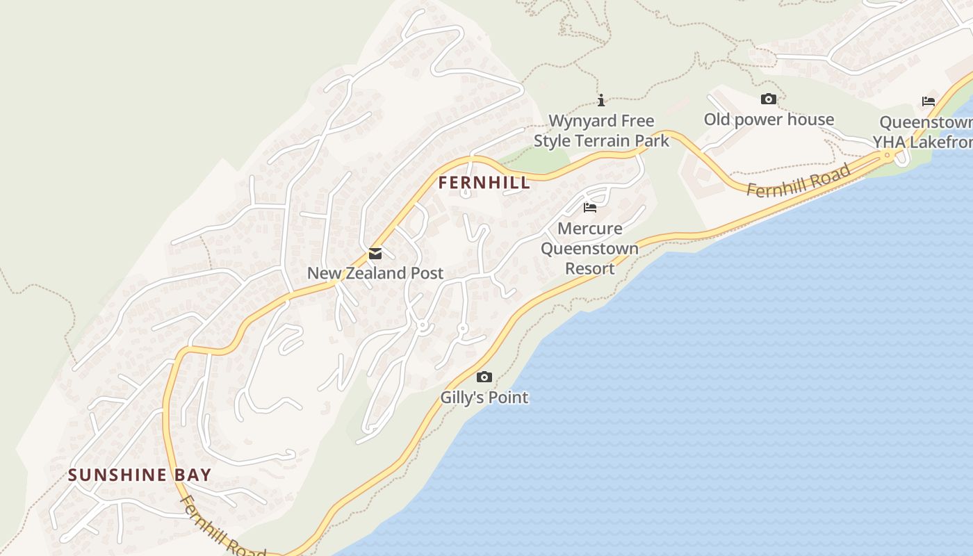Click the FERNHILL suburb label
484,183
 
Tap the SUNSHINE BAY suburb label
140,475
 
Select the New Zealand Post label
375,273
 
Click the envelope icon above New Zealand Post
375,254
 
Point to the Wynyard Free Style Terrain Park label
601,131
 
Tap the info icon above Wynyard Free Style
601,100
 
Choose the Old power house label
769,120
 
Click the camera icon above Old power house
768,99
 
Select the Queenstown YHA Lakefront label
924,132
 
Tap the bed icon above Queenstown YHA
929,101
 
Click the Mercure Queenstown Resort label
589,248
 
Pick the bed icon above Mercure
590,208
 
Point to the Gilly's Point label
484,398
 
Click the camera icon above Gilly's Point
484,377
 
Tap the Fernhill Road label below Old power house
799,180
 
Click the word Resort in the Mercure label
589,268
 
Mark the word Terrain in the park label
601,140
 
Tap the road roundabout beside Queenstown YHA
888,156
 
